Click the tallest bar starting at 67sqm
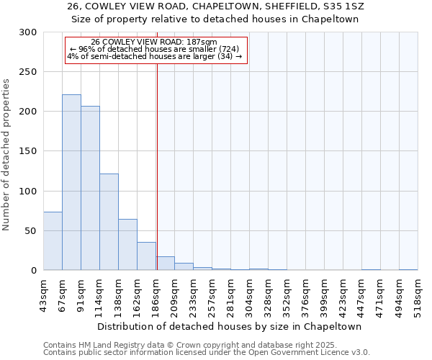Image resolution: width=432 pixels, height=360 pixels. pyautogui.click(x=71, y=182)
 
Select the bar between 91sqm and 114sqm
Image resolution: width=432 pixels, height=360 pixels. pyautogui.click(x=90, y=188)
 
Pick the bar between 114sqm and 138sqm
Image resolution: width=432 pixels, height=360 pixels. pyautogui.click(x=109, y=222)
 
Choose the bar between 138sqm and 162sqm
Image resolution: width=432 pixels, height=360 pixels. pyautogui.click(x=127, y=245)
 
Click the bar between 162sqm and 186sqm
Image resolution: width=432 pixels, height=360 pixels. pyautogui.click(x=146, y=256)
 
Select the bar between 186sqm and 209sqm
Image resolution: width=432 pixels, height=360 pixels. pyautogui.click(x=165, y=264)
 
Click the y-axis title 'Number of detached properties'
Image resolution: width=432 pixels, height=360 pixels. pyautogui.click(x=6, y=151)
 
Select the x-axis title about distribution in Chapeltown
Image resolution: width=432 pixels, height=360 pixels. pyautogui.click(x=230, y=326)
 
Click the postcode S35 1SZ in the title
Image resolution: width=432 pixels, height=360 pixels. pyautogui.click(x=338, y=7)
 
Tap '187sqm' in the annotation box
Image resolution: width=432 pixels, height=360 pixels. pyautogui.click(x=195, y=42)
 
